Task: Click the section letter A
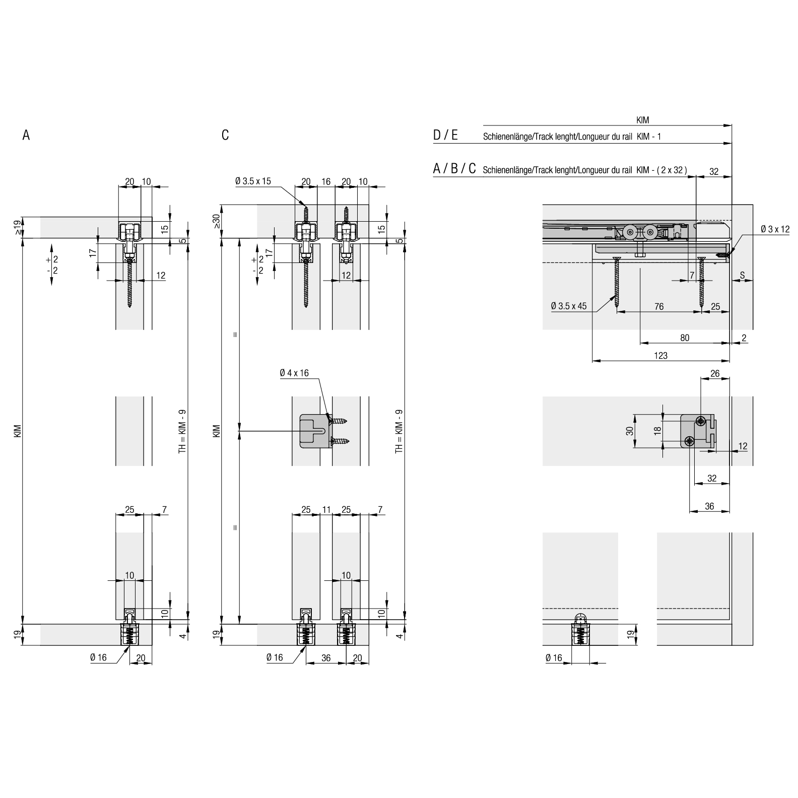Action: pos(26,135)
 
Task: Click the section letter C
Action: pos(225,135)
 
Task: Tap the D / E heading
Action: pos(445,135)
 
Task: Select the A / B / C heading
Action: pos(454,169)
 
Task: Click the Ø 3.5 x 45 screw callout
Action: pos(569,306)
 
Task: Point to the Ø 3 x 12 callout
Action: pos(775,229)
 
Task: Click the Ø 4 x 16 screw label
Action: pos(294,373)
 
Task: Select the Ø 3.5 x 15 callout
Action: pos(253,181)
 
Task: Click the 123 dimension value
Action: pos(660,356)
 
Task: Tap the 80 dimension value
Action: pos(685,338)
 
